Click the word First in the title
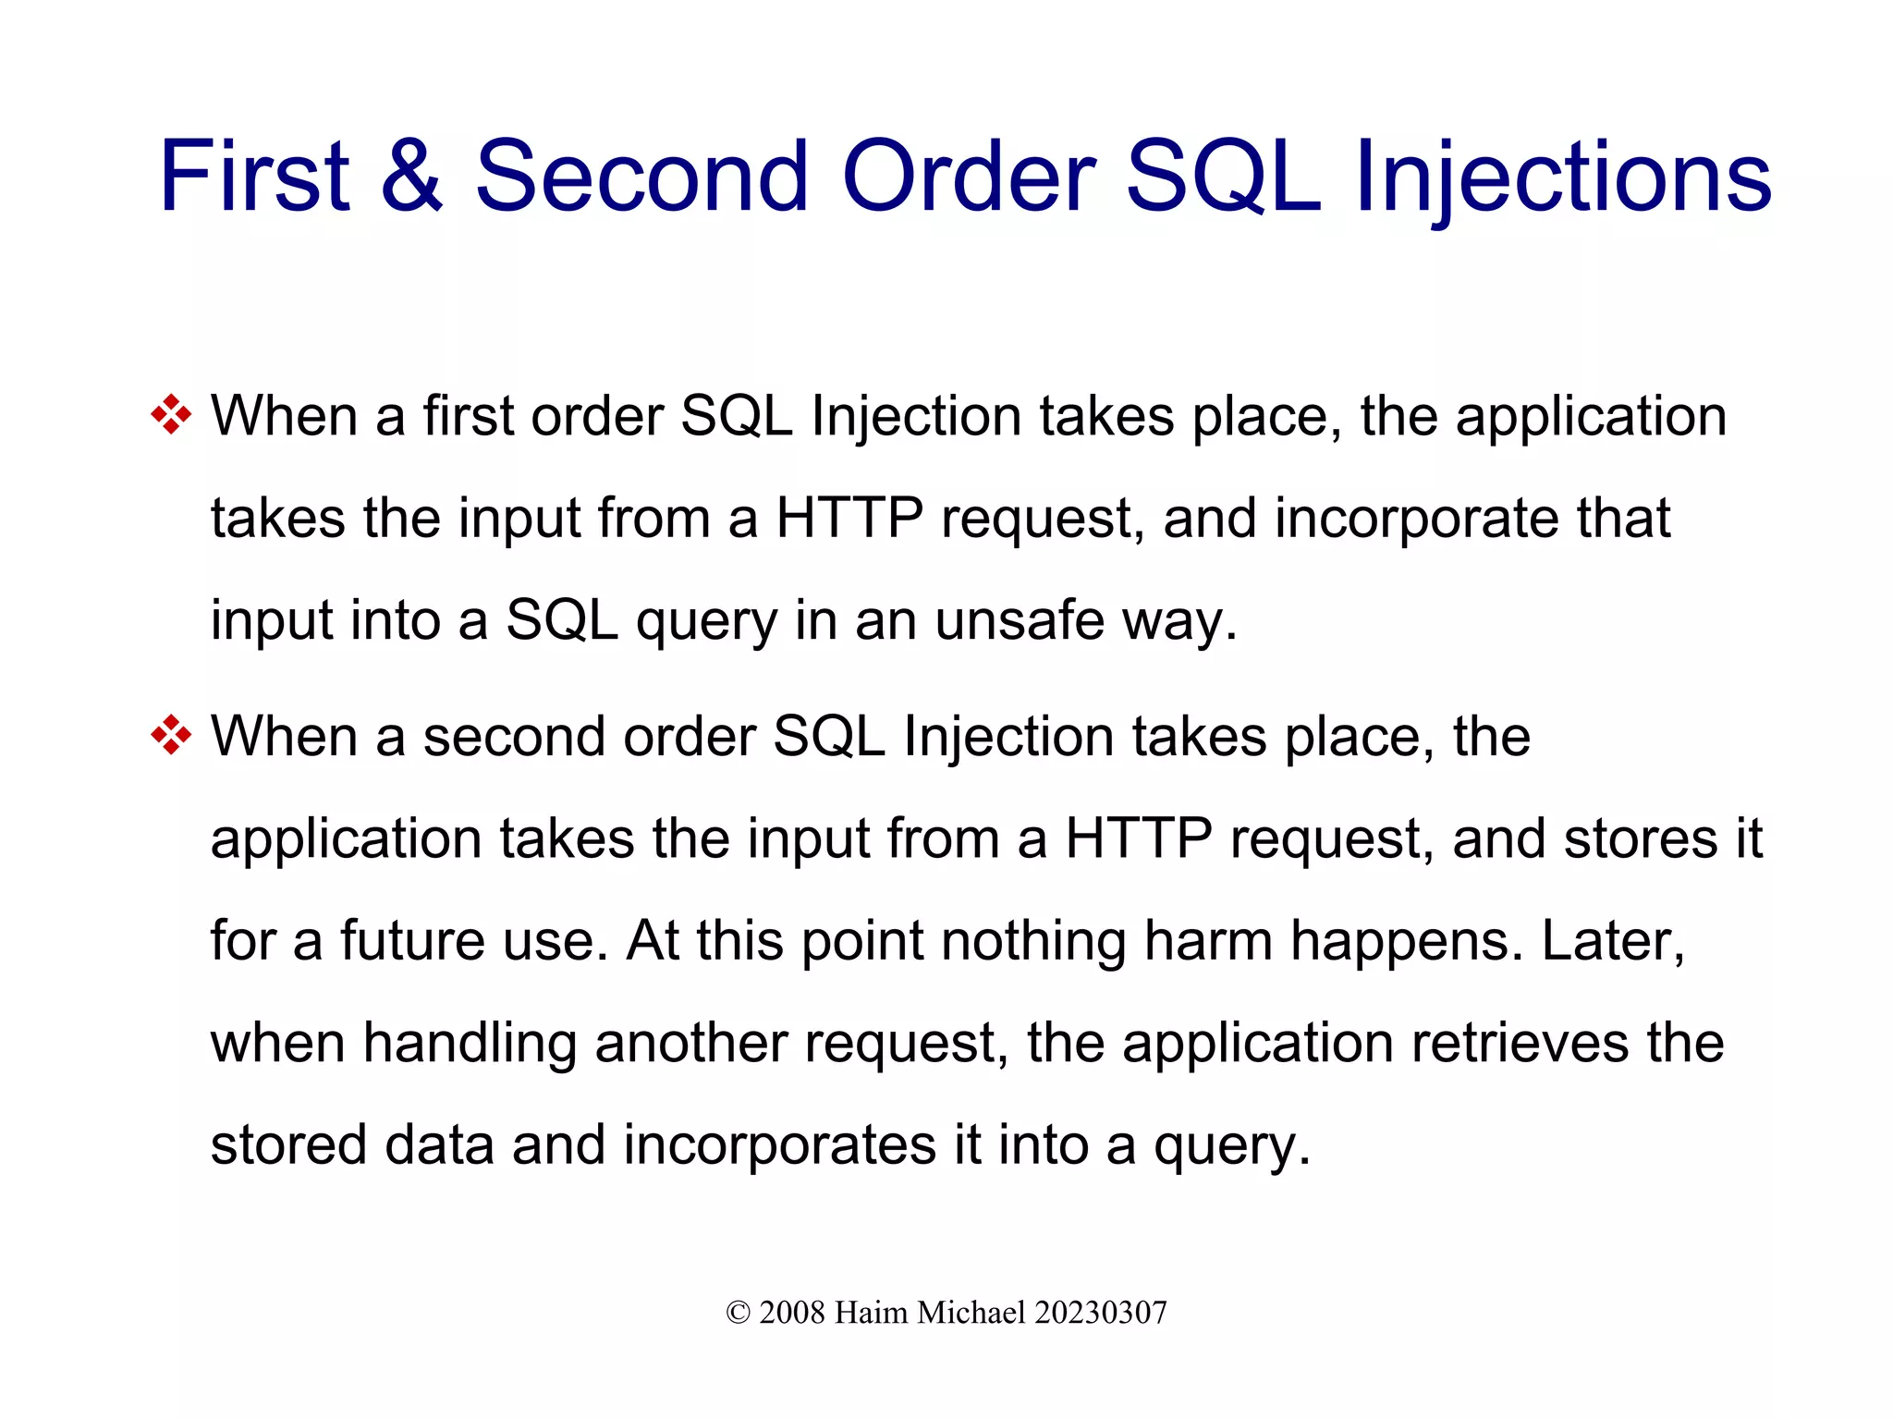[x=254, y=176]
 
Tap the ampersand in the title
[x=411, y=176]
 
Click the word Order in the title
[x=968, y=176]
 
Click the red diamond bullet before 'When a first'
[x=171, y=415]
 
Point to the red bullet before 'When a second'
[x=171, y=736]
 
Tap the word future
[x=412, y=940]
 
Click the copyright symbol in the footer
[x=738, y=1313]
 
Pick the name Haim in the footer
[x=870, y=1313]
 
